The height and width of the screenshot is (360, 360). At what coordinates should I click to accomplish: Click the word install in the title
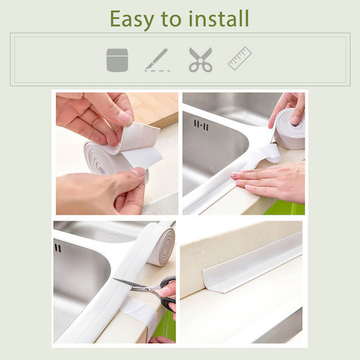(219, 19)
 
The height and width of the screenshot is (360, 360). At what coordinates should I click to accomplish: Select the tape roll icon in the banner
(117, 60)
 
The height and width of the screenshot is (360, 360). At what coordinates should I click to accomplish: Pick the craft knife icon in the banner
(157, 60)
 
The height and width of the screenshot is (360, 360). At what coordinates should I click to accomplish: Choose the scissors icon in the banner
(201, 60)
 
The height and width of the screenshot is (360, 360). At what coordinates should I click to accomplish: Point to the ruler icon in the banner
(240, 58)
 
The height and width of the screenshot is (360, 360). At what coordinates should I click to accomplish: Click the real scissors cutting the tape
(147, 291)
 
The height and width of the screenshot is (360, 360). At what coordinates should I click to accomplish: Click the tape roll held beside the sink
(290, 129)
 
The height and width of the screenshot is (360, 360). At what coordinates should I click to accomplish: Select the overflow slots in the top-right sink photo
(201, 125)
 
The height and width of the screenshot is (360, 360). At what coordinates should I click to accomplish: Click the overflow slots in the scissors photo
(57, 248)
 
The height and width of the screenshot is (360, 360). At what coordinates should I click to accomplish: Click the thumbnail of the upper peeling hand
(125, 118)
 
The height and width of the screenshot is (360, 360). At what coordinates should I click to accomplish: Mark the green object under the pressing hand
(285, 207)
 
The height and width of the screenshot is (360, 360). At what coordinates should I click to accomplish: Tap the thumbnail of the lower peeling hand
(139, 172)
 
